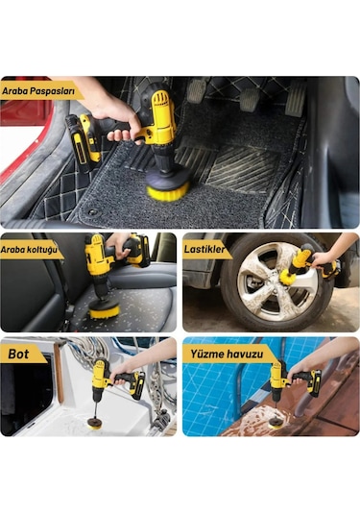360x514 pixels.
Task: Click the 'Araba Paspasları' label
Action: click(x=38, y=90)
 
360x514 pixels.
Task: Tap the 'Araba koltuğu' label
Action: click(x=29, y=249)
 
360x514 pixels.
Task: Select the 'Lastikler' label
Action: click(x=204, y=249)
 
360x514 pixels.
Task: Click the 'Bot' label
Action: click(x=18, y=354)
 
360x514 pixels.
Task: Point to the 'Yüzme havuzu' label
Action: click(x=227, y=354)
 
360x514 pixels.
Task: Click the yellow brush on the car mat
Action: click(x=168, y=190)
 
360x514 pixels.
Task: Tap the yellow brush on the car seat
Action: click(x=105, y=310)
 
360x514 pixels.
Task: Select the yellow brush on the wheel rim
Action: click(x=287, y=277)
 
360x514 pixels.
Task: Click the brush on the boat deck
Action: click(x=95, y=424)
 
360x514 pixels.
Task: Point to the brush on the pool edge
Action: click(x=276, y=425)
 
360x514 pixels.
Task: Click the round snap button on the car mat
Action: click(x=93, y=212)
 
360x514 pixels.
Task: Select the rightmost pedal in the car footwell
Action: click(x=296, y=99)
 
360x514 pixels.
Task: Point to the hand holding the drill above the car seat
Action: click(x=119, y=245)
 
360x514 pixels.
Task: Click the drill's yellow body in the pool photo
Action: click(x=277, y=377)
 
